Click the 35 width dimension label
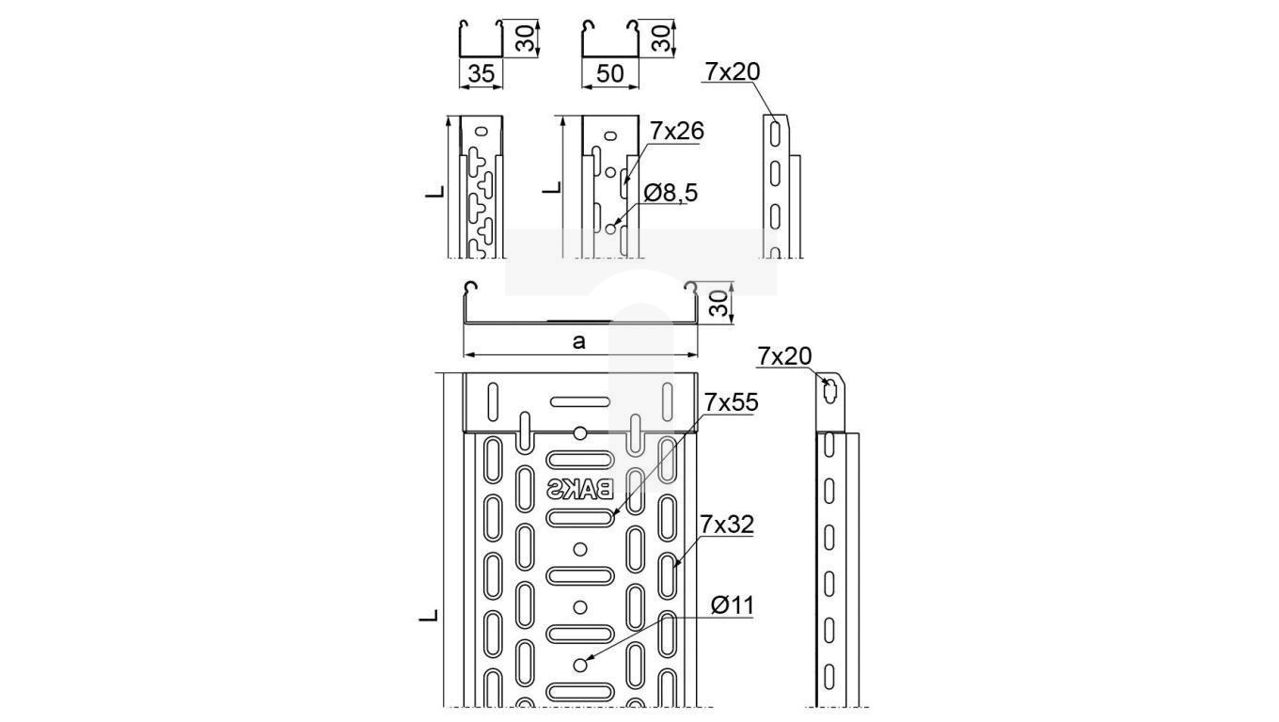[481, 73]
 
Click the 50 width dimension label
[609, 73]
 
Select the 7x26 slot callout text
[676, 132]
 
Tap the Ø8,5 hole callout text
[671, 193]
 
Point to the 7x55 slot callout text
[731, 402]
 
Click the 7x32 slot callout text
[727, 525]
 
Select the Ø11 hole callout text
[733, 605]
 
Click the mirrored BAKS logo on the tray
[580, 489]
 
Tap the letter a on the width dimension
[579, 341]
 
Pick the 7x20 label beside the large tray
[784, 356]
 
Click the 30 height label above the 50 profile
[660, 38]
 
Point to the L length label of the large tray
[428, 616]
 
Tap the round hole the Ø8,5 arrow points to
[610, 228]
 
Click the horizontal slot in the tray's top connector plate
[579, 401]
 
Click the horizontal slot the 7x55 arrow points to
[579, 518]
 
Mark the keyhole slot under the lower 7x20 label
[829, 391]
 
